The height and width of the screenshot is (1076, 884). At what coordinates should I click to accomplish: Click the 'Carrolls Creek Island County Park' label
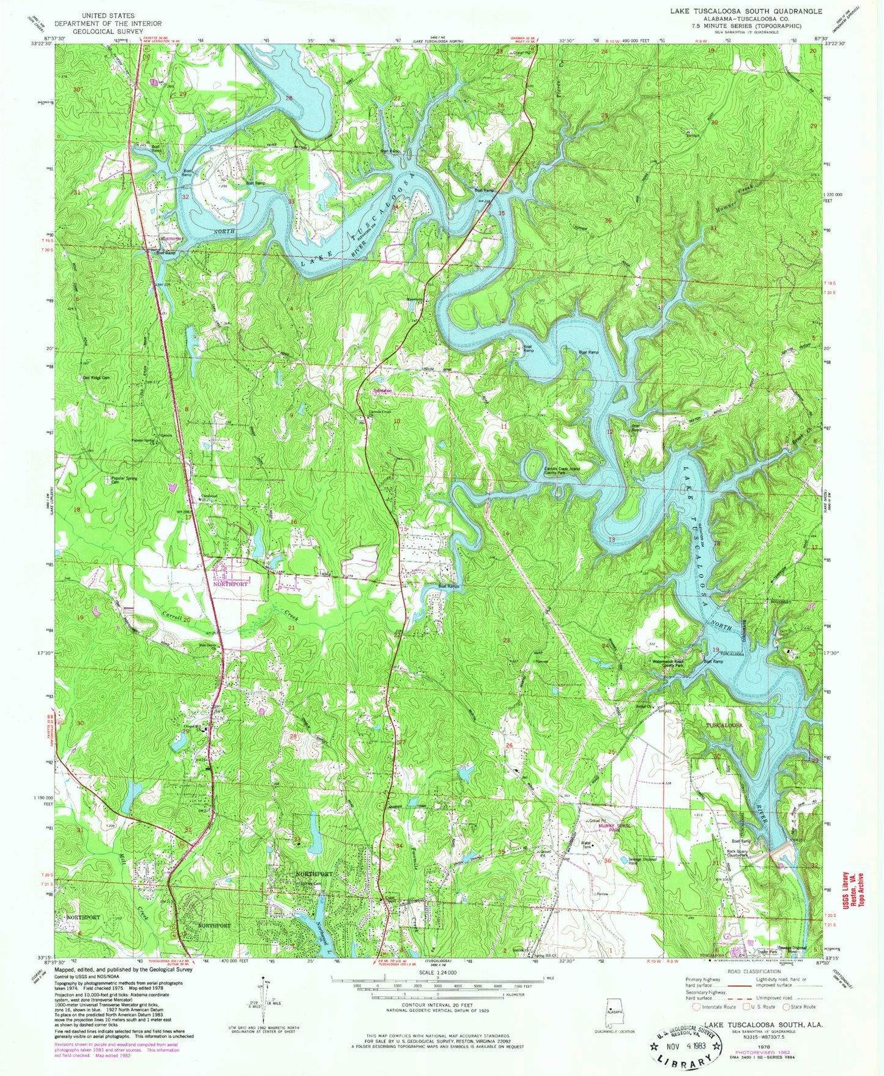click(x=562, y=470)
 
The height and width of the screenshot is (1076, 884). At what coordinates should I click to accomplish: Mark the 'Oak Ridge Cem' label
click(x=97, y=377)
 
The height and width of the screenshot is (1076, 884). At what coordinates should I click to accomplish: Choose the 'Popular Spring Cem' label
click(x=124, y=480)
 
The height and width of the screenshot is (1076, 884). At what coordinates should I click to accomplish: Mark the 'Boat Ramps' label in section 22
click(x=448, y=587)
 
